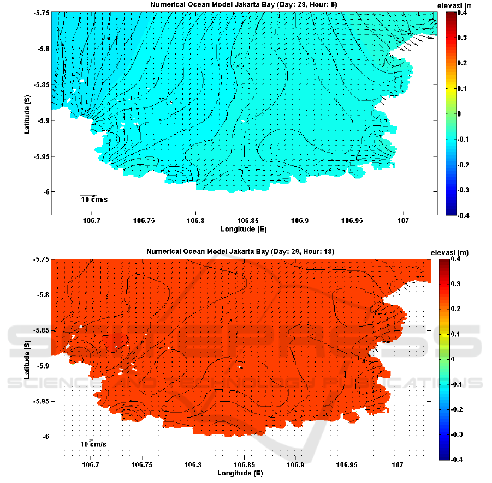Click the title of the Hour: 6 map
coord(244,5)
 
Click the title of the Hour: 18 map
coord(240,252)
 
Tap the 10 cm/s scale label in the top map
coord(94,200)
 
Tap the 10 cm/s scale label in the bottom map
coord(93,444)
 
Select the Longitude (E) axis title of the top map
coord(244,229)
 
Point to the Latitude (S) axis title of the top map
coord(27,114)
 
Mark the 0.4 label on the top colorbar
coord(463,13)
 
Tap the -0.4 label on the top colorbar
coord(464,215)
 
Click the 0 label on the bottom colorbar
coord(459,359)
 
